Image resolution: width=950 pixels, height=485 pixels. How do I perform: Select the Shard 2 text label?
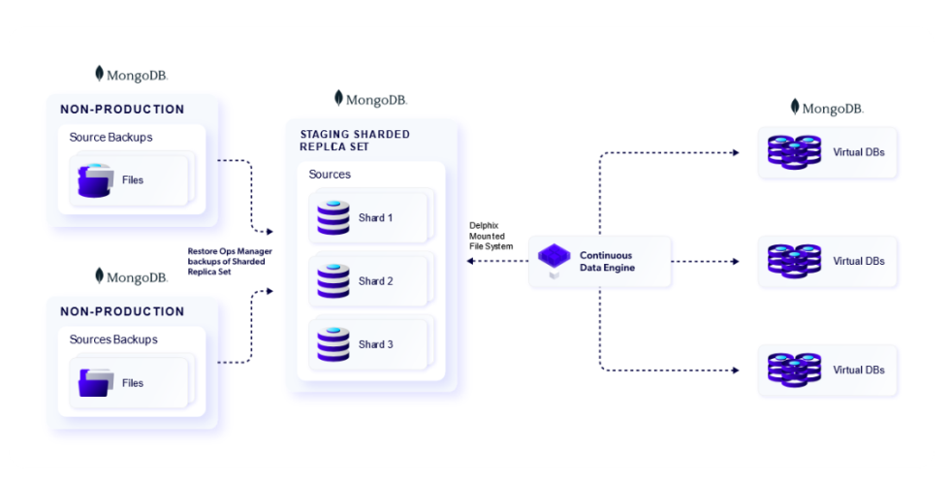376,281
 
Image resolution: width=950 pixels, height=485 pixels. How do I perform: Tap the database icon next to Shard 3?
332,344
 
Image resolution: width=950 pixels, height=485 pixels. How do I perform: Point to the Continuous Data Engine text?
607,261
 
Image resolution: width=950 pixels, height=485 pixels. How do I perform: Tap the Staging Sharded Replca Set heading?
355,141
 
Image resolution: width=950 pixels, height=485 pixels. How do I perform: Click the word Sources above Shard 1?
330,175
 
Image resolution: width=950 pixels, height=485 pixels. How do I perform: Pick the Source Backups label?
111,138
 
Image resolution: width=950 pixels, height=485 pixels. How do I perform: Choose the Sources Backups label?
113,339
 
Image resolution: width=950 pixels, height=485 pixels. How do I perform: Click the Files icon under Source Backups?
96,180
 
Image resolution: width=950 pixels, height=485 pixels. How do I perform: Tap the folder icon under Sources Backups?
96,383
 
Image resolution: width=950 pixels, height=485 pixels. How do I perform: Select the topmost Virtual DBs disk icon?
794,152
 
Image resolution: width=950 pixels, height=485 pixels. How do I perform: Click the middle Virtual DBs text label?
859,261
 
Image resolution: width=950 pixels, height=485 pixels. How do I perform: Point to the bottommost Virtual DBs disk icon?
794,370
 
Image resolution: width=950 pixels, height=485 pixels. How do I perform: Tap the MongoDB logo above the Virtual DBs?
827,108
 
